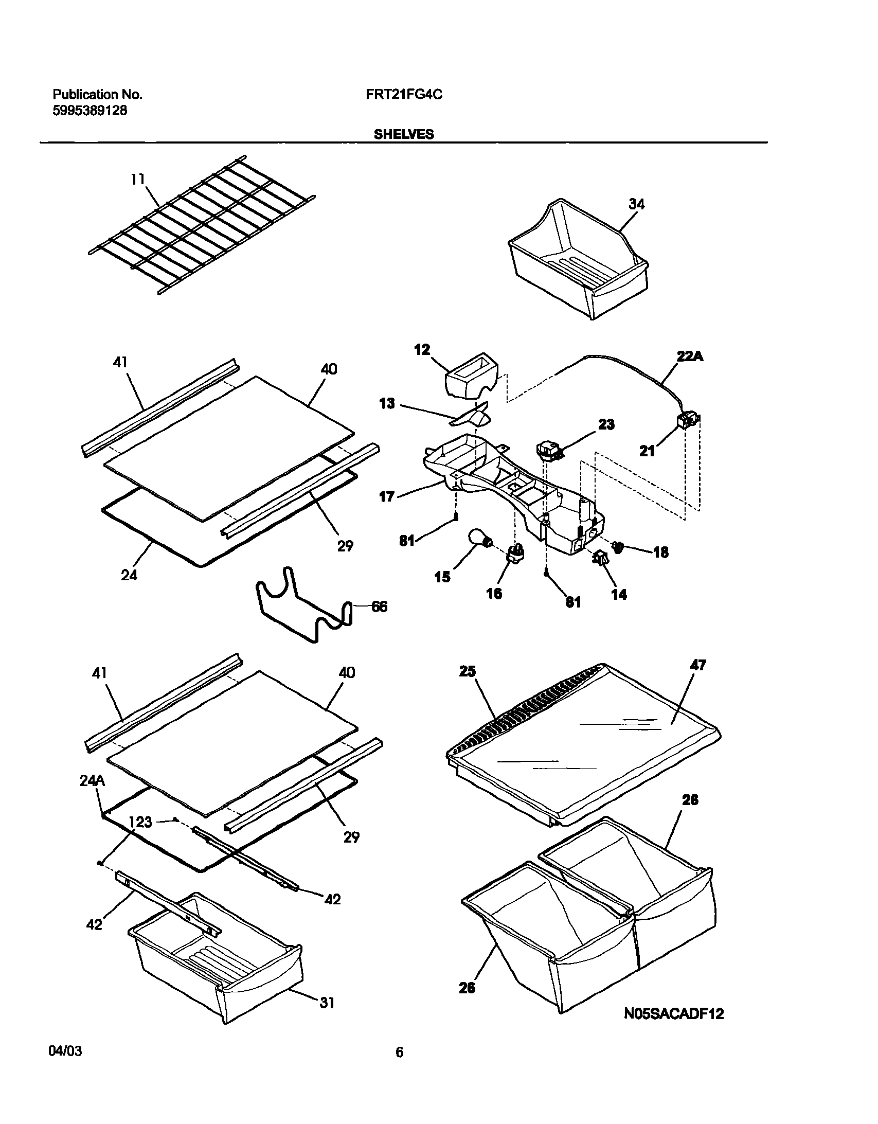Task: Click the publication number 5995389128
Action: click(x=90, y=110)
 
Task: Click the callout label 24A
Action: click(x=92, y=781)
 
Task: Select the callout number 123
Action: click(x=140, y=822)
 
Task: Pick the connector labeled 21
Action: click(x=686, y=422)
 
